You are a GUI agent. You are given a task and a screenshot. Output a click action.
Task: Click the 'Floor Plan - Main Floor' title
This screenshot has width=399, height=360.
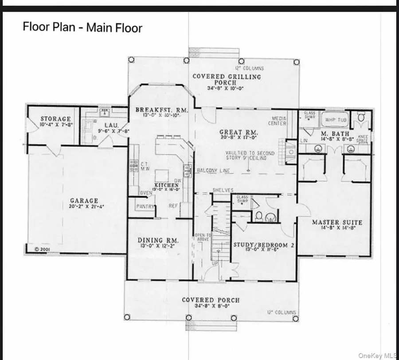(x=82, y=28)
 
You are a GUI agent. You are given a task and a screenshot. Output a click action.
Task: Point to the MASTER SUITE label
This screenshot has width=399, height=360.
(x=337, y=222)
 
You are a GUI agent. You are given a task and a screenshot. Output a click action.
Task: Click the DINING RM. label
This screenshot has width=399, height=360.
(x=157, y=240)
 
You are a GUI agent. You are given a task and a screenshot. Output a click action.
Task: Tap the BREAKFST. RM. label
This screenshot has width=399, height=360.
(x=162, y=110)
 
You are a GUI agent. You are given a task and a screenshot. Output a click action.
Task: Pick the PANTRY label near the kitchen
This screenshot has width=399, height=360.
(x=145, y=206)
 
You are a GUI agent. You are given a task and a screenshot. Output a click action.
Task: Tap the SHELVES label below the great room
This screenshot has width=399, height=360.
(x=223, y=190)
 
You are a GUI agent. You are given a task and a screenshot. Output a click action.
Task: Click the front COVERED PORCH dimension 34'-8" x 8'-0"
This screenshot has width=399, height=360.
(x=211, y=306)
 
